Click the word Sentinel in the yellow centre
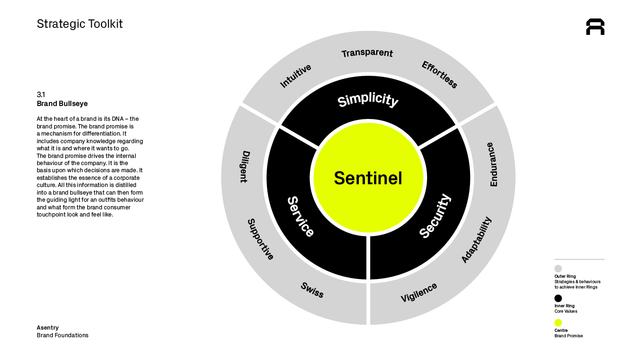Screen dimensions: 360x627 (368, 178)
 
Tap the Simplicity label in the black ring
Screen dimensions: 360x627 (368, 100)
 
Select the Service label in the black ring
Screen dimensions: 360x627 (300, 216)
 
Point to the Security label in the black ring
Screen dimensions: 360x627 (435, 216)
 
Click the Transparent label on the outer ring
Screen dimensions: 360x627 (367, 53)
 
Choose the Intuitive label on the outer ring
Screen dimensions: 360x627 (295, 76)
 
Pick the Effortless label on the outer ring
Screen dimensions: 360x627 (439, 75)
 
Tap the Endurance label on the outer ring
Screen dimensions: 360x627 (492, 164)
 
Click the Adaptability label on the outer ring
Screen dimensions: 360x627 (476, 240)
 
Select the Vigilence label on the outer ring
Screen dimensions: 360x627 (419, 293)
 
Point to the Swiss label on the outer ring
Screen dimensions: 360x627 (312, 290)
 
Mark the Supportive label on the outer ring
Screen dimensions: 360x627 (260, 239)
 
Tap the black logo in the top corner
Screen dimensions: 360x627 (595, 27)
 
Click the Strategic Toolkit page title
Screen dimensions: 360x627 (80, 24)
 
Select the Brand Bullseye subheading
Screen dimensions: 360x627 (62, 104)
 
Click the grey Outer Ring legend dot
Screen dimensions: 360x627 (558, 269)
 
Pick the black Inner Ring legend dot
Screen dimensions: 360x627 (558, 298)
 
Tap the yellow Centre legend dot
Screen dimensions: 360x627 (558, 323)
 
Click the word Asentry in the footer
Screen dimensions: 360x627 (47, 328)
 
